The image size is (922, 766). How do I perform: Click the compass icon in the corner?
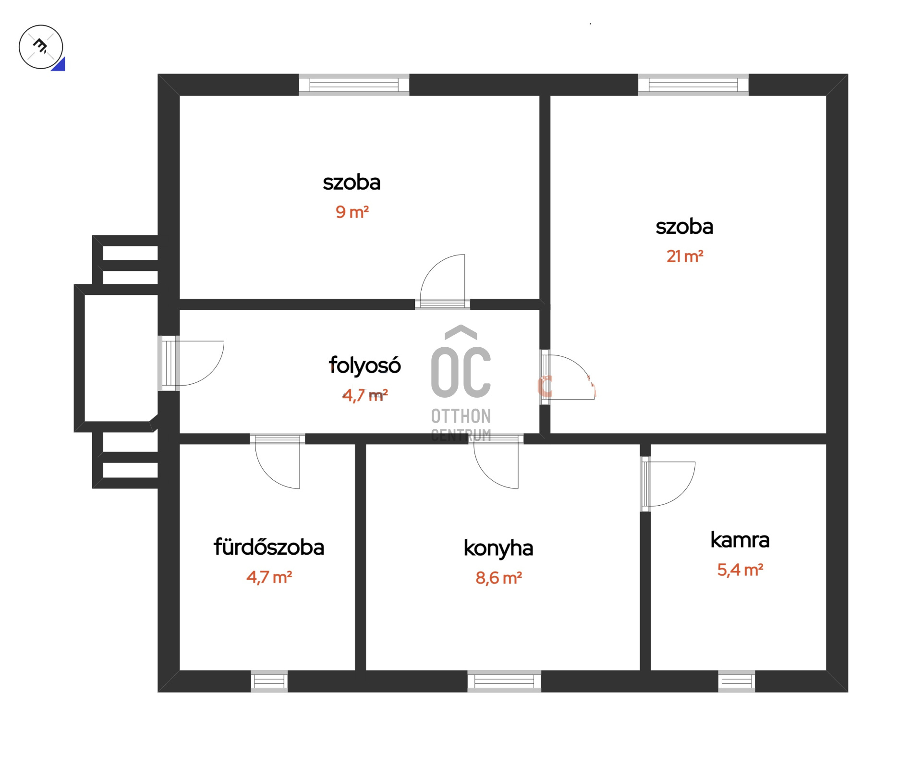click(x=41, y=47)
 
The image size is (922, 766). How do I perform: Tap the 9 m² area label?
click(x=352, y=212)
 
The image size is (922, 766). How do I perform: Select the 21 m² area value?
click(x=685, y=256)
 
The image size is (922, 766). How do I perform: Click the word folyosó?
click(x=364, y=366)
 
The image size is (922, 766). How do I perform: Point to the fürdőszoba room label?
click(x=269, y=547)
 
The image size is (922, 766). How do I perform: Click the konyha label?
click(x=498, y=548)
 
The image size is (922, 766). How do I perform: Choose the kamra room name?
click(x=740, y=540)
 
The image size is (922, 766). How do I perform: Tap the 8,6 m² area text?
click(x=498, y=578)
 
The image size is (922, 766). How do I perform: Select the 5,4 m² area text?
click(x=740, y=570)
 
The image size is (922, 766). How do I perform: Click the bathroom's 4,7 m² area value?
click(x=269, y=577)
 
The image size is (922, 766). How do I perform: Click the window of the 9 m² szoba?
click(x=354, y=85)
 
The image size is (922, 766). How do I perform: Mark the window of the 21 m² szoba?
click(x=693, y=85)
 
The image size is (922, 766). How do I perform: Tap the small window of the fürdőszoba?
click(x=269, y=681)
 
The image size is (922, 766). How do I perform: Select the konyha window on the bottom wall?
click(x=504, y=681)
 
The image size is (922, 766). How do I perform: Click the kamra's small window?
click(x=737, y=681)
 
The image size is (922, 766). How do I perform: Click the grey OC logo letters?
click(x=461, y=372)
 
